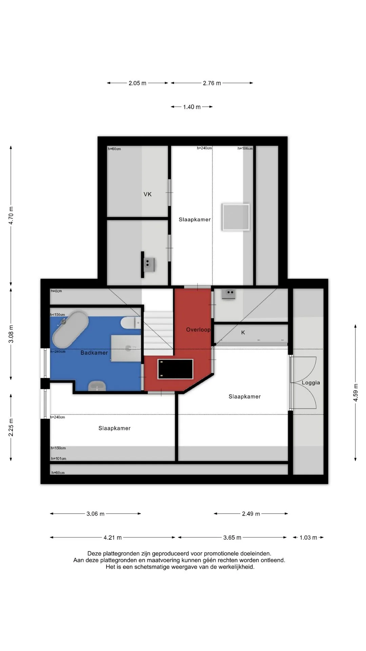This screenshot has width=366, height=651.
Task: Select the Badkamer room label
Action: pos(94,353)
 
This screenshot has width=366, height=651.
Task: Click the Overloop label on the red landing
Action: pos(198,330)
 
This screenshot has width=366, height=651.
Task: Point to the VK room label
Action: pos(147,194)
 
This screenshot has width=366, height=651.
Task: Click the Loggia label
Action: pos(311,383)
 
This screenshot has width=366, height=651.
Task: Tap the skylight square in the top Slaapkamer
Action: pos(236,217)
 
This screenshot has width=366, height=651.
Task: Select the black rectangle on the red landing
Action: pos(175,369)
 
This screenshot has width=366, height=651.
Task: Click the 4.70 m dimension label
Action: pos(11,216)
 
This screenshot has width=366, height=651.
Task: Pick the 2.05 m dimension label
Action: pos(137,83)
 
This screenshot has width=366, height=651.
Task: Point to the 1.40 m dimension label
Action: pos(192,107)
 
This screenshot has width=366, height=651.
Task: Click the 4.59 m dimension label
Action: pos(355,393)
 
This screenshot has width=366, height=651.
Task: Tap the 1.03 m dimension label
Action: pos(308,538)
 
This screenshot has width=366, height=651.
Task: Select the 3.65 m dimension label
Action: pos(232,538)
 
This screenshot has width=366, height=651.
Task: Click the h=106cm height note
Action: pos(245,149)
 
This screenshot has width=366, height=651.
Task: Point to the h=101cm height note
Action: pos(59,459)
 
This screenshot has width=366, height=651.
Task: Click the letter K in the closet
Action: pos(243,333)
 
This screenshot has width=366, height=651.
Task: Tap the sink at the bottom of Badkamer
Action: pos(97,386)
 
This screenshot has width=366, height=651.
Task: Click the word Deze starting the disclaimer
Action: pos(94,554)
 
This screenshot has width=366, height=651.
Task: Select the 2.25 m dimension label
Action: pos(11,428)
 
